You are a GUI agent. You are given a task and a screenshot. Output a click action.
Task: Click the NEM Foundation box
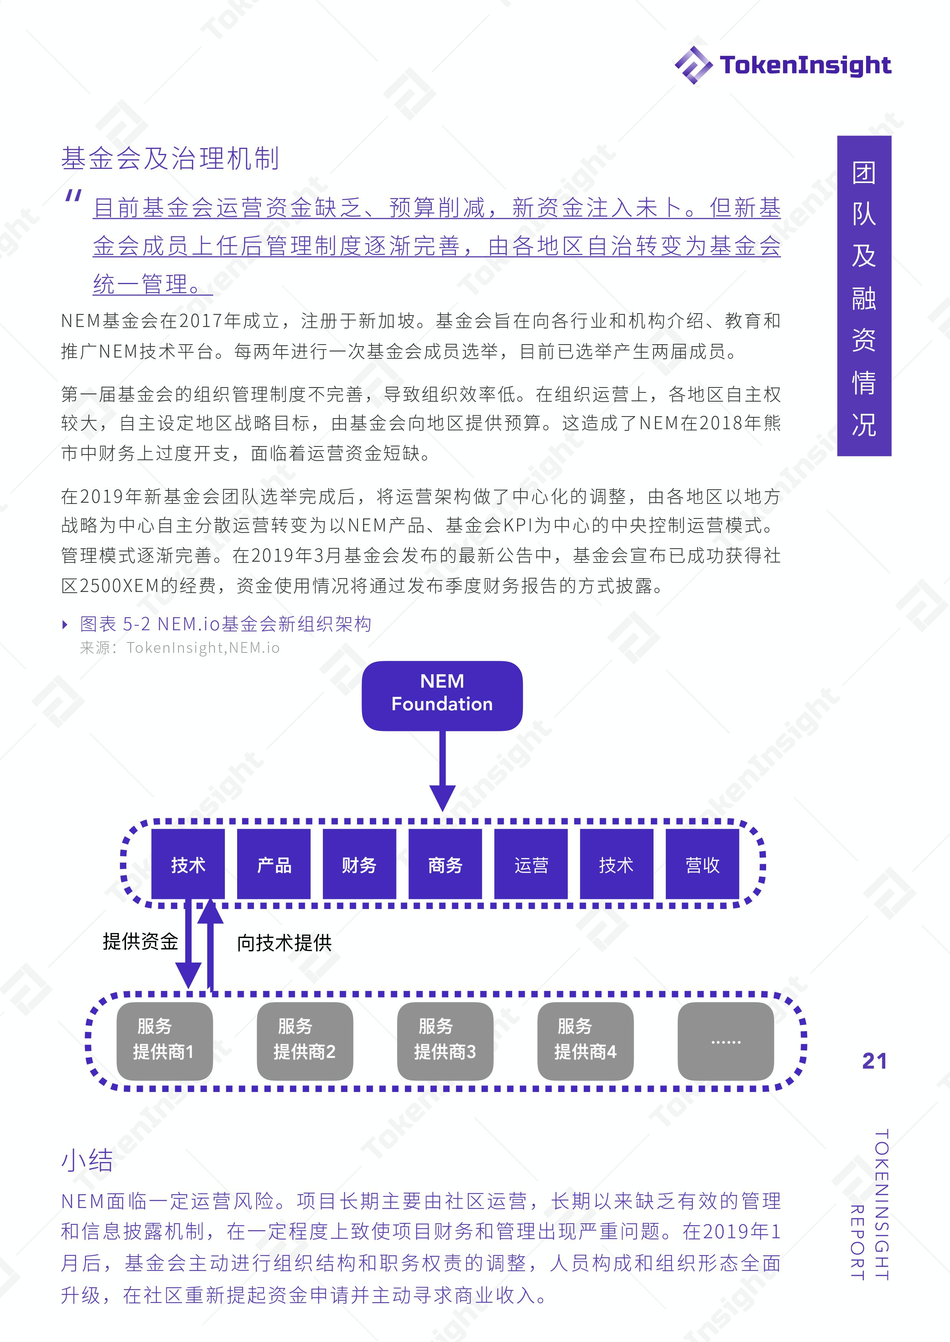pos(442,695)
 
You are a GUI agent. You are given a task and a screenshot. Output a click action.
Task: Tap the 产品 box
pos(274,864)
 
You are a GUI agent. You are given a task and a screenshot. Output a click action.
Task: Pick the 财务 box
pos(359,864)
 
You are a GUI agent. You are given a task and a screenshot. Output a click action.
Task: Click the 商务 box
pos(445,864)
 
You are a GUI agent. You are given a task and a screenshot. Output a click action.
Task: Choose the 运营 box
pos(531,864)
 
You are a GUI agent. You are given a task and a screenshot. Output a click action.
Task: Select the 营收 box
pos(703,864)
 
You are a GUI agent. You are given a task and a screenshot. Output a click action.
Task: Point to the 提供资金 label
pos(141,941)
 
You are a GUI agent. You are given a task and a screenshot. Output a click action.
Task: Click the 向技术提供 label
pos(284,942)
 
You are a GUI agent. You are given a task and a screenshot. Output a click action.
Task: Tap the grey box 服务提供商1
pos(164,1041)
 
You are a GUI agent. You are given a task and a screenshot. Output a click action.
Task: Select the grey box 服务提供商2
pos(305,1041)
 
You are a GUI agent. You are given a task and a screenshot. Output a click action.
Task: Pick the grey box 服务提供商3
pos(445,1041)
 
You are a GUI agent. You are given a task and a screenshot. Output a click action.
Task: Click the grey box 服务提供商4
pos(586,1041)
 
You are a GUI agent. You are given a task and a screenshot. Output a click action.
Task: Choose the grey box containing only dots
pos(726,1041)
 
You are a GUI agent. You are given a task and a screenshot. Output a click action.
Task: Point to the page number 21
pos(875,1061)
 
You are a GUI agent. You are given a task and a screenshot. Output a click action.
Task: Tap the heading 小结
pos(87,1160)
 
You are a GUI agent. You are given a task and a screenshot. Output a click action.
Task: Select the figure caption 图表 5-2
pos(225,624)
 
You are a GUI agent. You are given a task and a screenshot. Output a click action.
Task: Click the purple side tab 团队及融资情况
pos(864,296)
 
